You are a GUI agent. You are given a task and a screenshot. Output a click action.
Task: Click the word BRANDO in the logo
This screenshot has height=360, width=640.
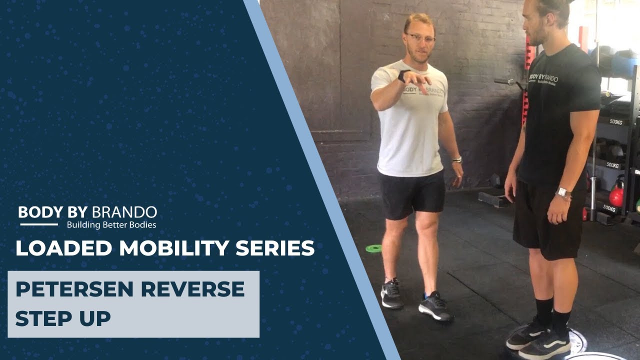pos(124,212)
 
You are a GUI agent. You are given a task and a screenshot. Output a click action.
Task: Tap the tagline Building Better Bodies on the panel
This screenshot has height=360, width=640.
pos(111,225)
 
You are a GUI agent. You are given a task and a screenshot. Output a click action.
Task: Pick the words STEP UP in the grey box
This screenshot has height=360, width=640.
pos(63,318)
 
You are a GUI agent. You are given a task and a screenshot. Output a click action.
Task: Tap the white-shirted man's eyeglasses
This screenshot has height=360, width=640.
pos(420,37)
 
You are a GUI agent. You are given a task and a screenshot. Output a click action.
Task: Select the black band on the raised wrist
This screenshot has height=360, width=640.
pos(401,76)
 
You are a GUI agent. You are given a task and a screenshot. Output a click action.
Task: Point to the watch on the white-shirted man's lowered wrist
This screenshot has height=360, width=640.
pos(456,159)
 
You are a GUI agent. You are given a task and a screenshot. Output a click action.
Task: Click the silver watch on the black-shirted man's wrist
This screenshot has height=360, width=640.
pos(563,192)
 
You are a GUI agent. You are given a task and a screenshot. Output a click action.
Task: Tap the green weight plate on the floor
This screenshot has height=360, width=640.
pos(373,248)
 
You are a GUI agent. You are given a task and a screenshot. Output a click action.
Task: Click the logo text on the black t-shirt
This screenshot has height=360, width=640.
pos(543,79)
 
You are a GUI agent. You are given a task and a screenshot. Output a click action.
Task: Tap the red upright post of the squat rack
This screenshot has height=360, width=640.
pos(526,80)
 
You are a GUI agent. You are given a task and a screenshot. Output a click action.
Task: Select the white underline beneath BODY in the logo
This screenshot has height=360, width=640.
pos(38,224)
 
